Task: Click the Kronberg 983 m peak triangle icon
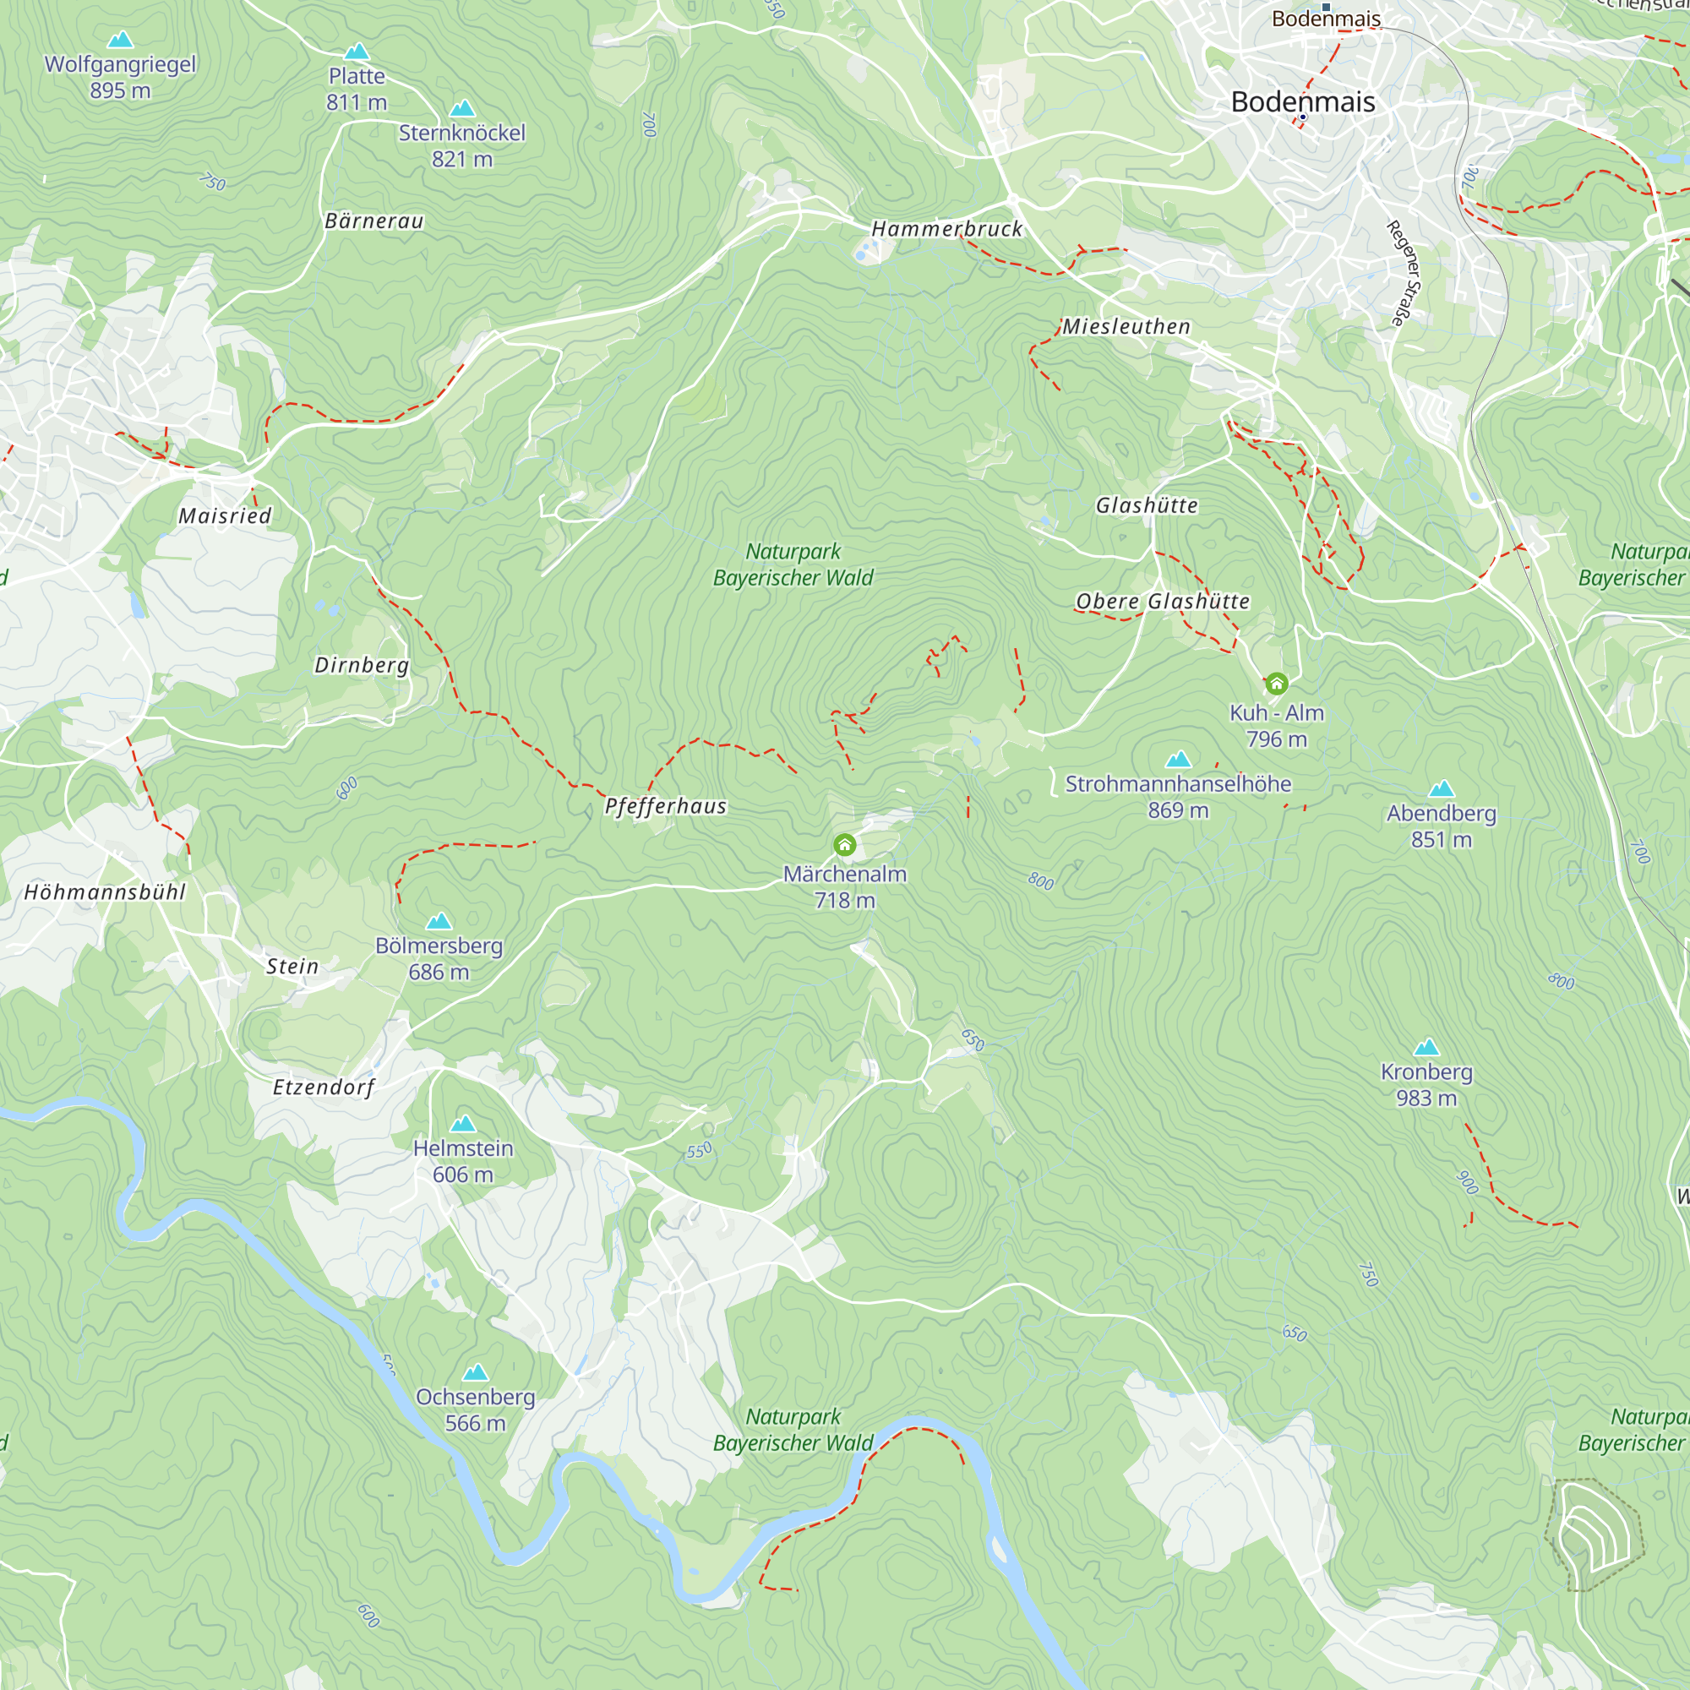1426,1047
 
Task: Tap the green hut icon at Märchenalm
844,845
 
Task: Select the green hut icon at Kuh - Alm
1276,683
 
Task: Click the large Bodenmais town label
1302,101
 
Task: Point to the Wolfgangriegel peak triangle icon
120,40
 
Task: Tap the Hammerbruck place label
946,229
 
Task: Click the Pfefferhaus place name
665,806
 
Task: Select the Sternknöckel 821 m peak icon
462,108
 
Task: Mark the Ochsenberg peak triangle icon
475,1371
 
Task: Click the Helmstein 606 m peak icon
463,1123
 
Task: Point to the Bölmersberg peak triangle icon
439,921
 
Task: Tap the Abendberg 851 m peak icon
1441,789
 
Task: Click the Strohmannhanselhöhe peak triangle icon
1178,760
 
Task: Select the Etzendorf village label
323,1088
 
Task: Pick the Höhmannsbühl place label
105,892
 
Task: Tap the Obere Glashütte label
1162,602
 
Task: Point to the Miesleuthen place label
1126,326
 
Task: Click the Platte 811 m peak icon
356,52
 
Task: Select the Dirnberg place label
362,665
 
